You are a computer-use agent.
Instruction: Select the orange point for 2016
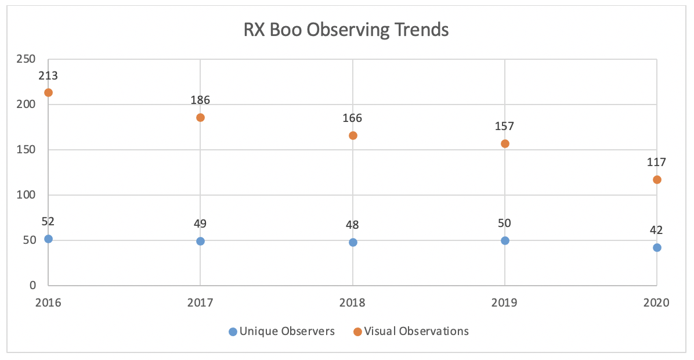click(x=48, y=92)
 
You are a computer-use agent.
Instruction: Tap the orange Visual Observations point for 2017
click(x=200, y=117)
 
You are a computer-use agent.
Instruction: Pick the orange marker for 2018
click(x=353, y=135)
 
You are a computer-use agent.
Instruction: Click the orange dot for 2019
click(x=505, y=143)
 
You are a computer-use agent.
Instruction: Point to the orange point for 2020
click(x=657, y=179)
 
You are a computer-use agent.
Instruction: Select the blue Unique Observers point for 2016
click(x=48, y=239)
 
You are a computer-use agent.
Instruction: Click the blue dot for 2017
click(x=200, y=241)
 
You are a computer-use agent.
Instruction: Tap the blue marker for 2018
click(x=353, y=242)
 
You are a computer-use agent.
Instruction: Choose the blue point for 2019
click(x=505, y=240)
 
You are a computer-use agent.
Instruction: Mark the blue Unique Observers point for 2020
click(x=657, y=247)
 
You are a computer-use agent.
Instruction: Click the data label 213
click(x=48, y=76)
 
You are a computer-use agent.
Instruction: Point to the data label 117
click(x=657, y=163)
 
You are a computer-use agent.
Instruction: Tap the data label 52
click(x=48, y=222)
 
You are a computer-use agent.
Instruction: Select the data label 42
click(x=657, y=231)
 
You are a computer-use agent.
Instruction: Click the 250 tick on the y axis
click(x=27, y=59)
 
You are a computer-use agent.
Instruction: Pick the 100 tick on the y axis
click(x=27, y=195)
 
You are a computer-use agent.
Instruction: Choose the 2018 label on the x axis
click(x=353, y=303)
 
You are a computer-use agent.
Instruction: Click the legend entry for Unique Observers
click(x=282, y=332)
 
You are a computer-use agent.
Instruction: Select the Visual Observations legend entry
click(x=411, y=332)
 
